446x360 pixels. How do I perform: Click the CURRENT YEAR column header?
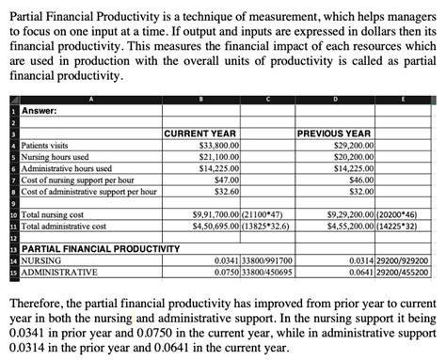click(200, 134)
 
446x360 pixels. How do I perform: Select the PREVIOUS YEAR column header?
click(334, 134)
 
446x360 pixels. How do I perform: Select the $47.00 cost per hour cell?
click(227, 180)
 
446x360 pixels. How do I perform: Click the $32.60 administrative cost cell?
click(227, 191)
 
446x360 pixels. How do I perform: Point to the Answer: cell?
click(32, 111)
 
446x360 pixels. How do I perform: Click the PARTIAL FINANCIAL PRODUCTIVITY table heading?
click(94, 248)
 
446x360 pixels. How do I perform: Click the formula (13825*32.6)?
click(271, 226)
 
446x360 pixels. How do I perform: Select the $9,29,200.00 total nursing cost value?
click(349, 214)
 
